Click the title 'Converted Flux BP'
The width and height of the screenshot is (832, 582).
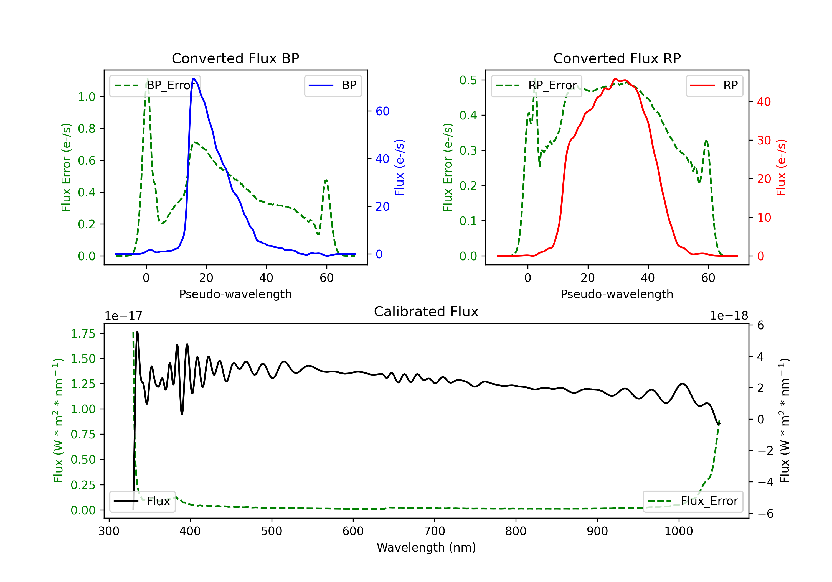(x=235, y=58)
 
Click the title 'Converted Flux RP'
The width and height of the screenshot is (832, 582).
(x=617, y=58)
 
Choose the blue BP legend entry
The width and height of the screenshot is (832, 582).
(x=333, y=85)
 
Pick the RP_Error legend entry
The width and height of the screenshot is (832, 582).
(x=536, y=85)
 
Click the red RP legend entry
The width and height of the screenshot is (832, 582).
(x=714, y=85)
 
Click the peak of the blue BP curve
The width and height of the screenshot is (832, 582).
(x=194, y=79)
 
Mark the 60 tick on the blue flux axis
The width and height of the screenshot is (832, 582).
(x=382, y=111)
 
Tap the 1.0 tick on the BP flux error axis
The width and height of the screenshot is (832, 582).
(x=87, y=97)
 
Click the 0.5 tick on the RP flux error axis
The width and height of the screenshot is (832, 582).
(x=468, y=80)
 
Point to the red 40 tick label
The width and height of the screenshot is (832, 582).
(x=764, y=102)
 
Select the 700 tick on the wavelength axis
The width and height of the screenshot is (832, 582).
(x=435, y=531)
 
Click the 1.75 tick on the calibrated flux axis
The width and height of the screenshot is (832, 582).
(x=83, y=334)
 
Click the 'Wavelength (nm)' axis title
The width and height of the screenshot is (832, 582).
(x=426, y=547)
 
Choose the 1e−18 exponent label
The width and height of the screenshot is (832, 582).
(x=729, y=316)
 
